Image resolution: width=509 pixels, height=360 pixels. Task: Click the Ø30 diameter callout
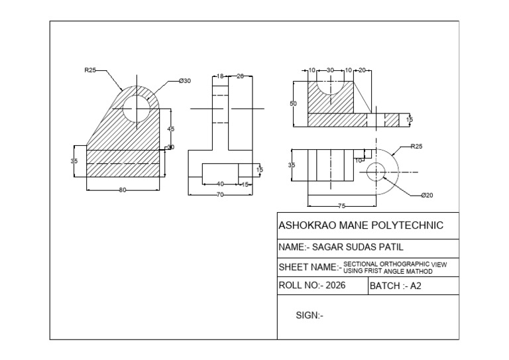click(184, 81)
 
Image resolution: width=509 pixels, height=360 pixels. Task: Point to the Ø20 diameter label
click(427, 196)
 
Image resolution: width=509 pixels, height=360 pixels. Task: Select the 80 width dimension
click(123, 190)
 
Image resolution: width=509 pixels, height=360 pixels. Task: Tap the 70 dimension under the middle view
click(219, 194)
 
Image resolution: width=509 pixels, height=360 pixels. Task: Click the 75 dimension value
click(342, 206)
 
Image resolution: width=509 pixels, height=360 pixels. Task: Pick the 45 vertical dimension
click(170, 128)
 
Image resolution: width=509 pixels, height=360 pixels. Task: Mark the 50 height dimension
click(294, 103)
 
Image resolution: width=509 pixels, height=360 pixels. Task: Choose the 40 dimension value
click(221, 184)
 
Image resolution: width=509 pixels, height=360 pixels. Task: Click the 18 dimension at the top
click(220, 76)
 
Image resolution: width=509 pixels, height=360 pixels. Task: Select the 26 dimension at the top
click(240, 76)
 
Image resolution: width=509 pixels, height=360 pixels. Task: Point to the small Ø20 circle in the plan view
click(376, 170)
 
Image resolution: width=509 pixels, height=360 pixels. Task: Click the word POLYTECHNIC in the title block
click(408, 225)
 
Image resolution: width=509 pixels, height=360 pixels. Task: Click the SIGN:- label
click(310, 316)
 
